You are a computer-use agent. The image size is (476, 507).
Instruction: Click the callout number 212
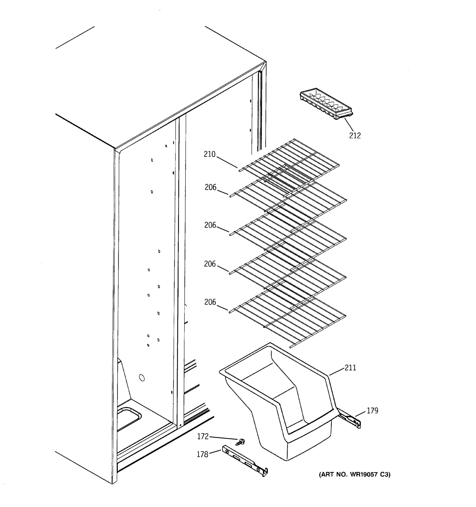pyautogui.click(x=355, y=136)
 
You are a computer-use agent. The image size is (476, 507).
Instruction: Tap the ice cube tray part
pyautogui.click(x=326, y=104)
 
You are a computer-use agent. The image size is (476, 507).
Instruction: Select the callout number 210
pyautogui.click(x=209, y=154)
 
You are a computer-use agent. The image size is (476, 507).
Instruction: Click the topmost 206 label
pyautogui.click(x=210, y=187)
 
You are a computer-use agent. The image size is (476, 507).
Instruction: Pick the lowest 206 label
pyautogui.click(x=210, y=302)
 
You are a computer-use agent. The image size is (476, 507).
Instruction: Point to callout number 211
pyautogui.click(x=350, y=368)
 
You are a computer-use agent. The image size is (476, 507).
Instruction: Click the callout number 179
pyautogui.click(x=372, y=411)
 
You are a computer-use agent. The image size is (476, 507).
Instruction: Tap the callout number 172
pyautogui.click(x=203, y=437)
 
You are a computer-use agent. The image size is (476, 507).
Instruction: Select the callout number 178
pyautogui.click(x=202, y=454)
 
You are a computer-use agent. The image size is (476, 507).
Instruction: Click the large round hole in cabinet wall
pyautogui.click(x=142, y=378)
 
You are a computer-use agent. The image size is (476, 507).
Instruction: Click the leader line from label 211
pyautogui.click(x=337, y=371)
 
